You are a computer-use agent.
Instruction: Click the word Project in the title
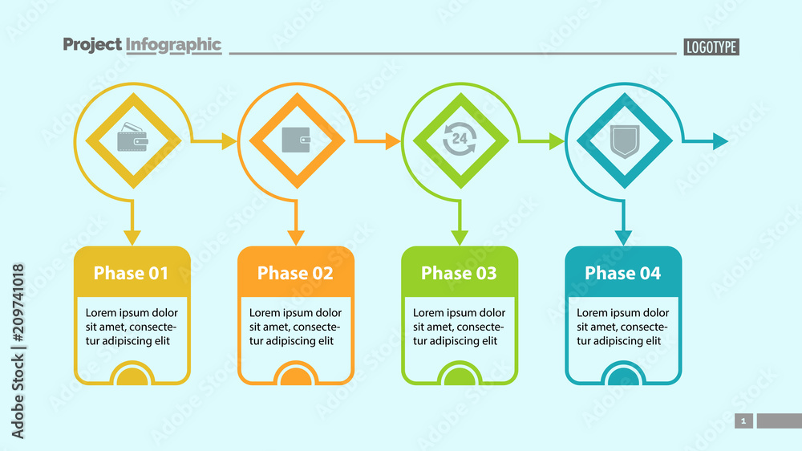click(92, 45)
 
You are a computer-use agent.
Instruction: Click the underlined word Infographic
click(173, 45)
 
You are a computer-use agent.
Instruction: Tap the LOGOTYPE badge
click(711, 47)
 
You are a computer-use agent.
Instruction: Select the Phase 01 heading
click(132, 273)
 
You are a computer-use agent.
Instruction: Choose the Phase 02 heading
click(295, 273)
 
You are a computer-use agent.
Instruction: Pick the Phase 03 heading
click(459, 273)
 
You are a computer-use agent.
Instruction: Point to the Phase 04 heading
click(623, 273)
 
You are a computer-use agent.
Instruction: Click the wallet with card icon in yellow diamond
click(133, 140)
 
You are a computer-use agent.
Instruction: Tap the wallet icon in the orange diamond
click(297, 140)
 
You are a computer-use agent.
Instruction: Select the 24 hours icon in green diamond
click(460, 140)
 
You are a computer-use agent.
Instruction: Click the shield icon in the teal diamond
click(624, 140)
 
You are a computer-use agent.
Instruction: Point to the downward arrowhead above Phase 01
click(132, 238)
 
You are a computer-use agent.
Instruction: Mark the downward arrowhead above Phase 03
click(460, 238)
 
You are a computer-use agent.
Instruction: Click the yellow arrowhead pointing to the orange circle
click(229, 142)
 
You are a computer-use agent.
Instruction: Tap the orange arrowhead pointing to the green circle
click(392, 142)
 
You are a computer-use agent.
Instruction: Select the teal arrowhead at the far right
click(720, 142)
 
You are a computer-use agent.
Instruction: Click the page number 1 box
click(743, 421)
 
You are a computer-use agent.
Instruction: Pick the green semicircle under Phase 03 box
click(459, 376)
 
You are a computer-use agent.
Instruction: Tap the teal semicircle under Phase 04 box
click(623, 376)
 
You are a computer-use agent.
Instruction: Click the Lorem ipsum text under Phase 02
click(295, 327)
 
